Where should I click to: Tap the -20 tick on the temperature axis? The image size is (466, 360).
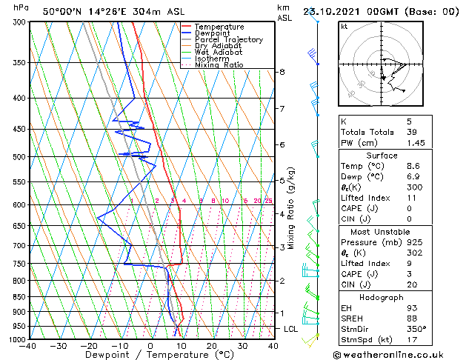(x=89, y=346)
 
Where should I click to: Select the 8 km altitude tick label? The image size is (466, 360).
(x=282, y=72)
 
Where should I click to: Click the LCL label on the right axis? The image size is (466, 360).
(x=292, y=328)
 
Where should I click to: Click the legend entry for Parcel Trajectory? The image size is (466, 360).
(x=228, y=40)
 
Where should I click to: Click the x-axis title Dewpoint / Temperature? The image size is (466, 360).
(x=150, y=356)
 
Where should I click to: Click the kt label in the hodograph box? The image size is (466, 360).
(x=344, y=27)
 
